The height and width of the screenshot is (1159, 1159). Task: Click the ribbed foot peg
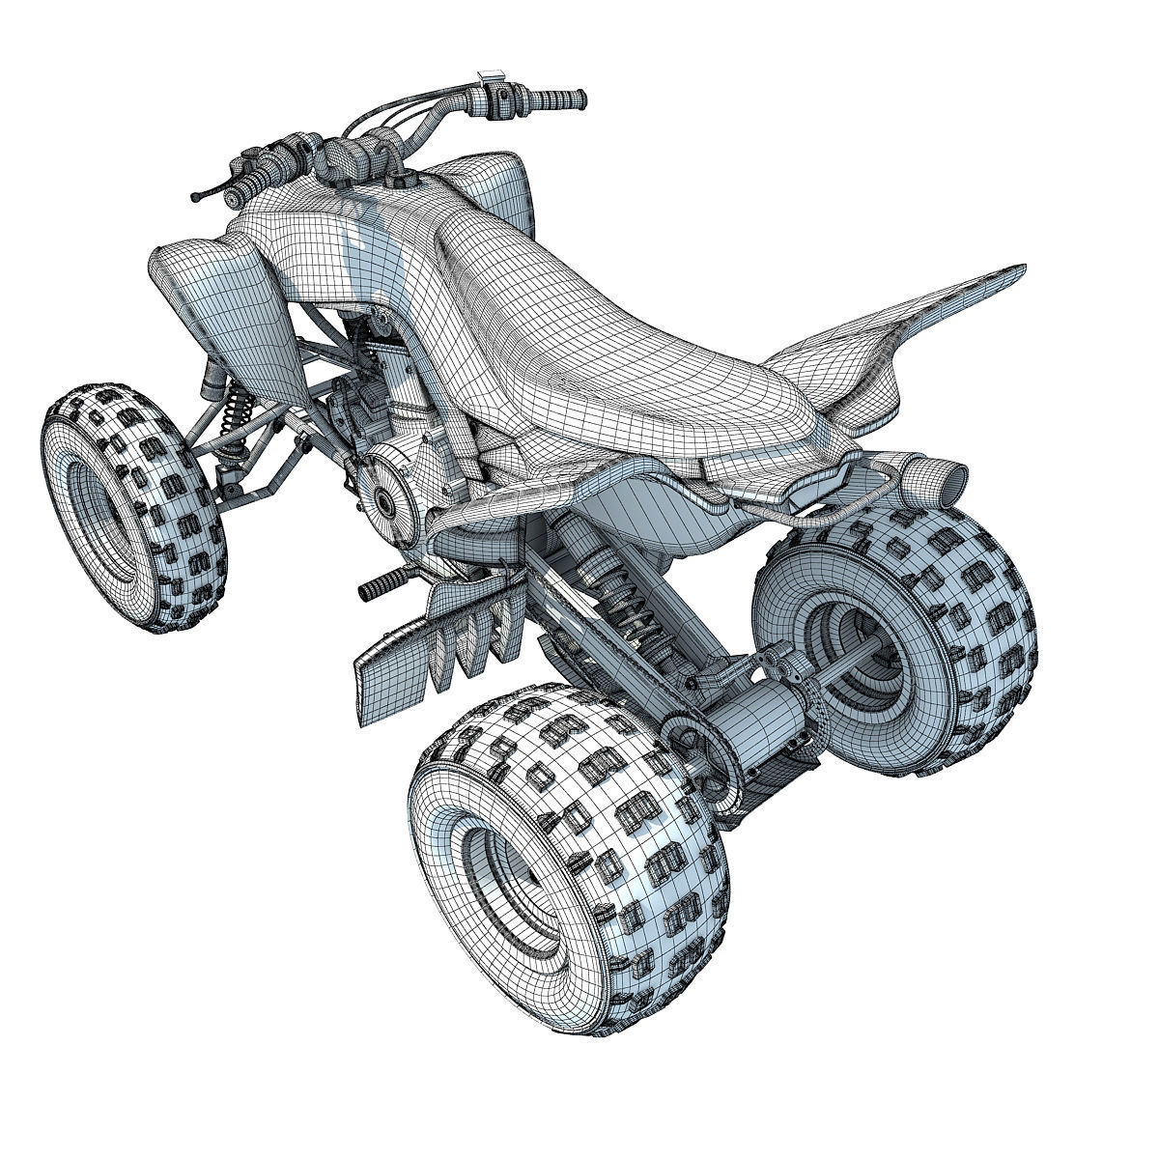point(379,587)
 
